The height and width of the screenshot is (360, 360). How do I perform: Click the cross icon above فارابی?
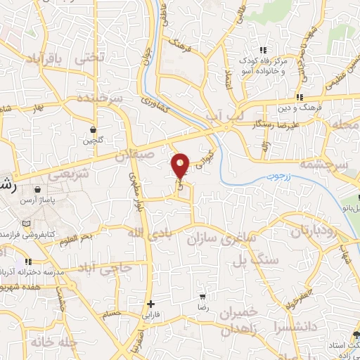click(x=150, y=304)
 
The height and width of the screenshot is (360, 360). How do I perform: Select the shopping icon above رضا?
click(x=202, y=298)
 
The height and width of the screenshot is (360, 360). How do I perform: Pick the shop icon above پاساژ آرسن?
click(x=37, y=189)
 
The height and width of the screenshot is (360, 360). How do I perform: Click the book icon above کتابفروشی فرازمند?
click(x=27, y=224)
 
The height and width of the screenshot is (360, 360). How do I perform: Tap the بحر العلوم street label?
click(x=75, y=239)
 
